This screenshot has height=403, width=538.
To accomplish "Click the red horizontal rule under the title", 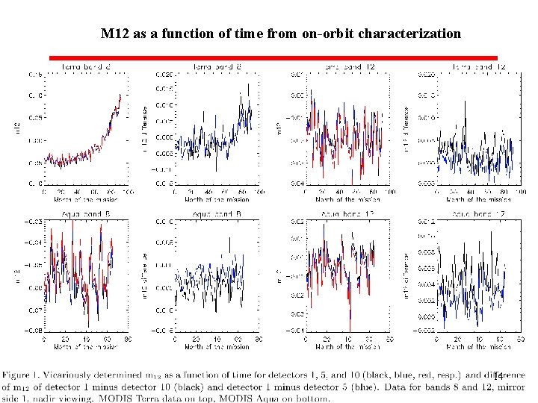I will point(273,57).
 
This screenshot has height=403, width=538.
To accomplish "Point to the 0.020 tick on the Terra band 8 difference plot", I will point(164,74).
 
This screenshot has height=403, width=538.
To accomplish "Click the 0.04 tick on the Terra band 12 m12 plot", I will point(296,183).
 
